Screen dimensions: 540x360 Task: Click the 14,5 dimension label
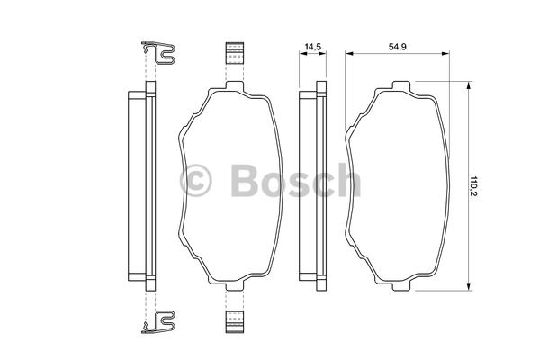click(313, 47)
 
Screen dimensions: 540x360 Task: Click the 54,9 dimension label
click(398, 47)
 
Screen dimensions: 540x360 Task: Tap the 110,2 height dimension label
click(474, 186)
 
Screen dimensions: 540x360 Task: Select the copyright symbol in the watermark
click(195, 181)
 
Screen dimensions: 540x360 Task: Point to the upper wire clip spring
click(159, 53)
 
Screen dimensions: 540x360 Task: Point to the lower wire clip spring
click(159, 322)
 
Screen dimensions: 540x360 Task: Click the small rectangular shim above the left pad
click(235, 53)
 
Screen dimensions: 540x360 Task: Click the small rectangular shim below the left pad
click(235, 322)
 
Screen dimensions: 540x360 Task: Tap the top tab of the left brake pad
click(235, 85)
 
